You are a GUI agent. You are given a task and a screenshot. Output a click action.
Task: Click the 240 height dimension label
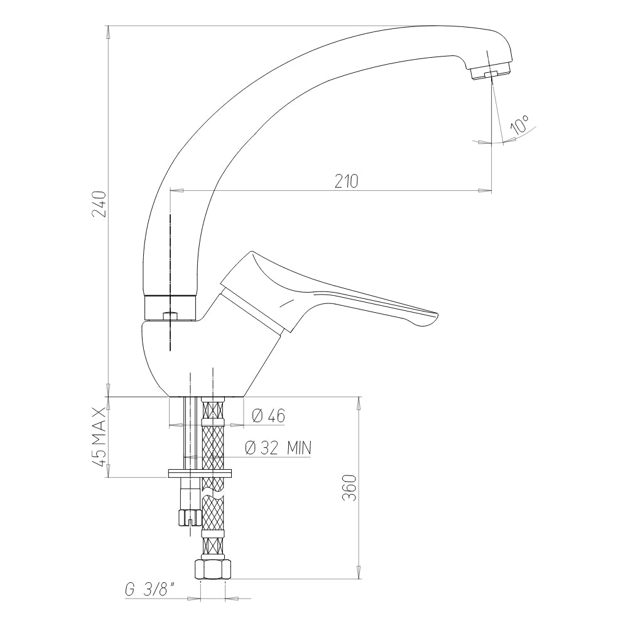[99, 204]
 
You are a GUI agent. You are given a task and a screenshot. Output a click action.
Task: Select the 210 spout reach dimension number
[347, 181]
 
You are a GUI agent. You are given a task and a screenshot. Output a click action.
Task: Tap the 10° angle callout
[519, 124]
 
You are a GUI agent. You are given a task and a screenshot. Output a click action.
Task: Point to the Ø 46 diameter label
[268, 416]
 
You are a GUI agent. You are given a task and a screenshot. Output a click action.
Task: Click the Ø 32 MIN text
[278, 448]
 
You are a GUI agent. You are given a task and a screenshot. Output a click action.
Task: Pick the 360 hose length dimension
[349, 487]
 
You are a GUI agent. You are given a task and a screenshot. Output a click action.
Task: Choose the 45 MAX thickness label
[99, 436]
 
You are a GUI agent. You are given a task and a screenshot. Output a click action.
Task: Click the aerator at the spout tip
[490, 72]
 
